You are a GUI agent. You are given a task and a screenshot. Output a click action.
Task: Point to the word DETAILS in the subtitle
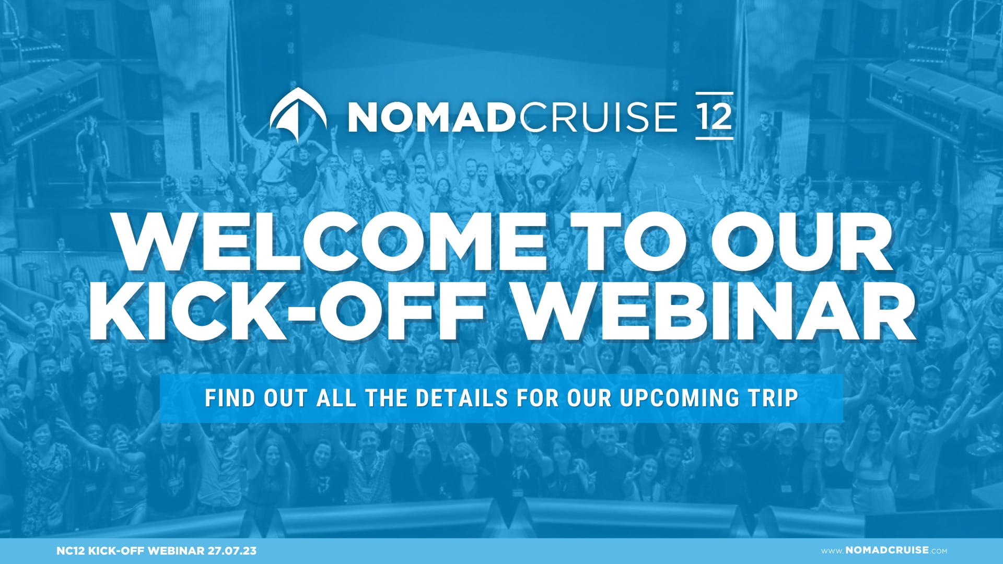(x=462, y=398)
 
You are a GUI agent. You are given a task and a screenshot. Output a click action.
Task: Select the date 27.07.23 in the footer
(x=232, y=551)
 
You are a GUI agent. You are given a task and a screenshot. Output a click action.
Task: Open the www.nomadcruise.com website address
(x=884, y=550)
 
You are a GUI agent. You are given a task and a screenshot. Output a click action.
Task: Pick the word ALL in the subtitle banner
(x=336, y=398)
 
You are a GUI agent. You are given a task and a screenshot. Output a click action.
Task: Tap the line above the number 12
(x=715, y=93)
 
